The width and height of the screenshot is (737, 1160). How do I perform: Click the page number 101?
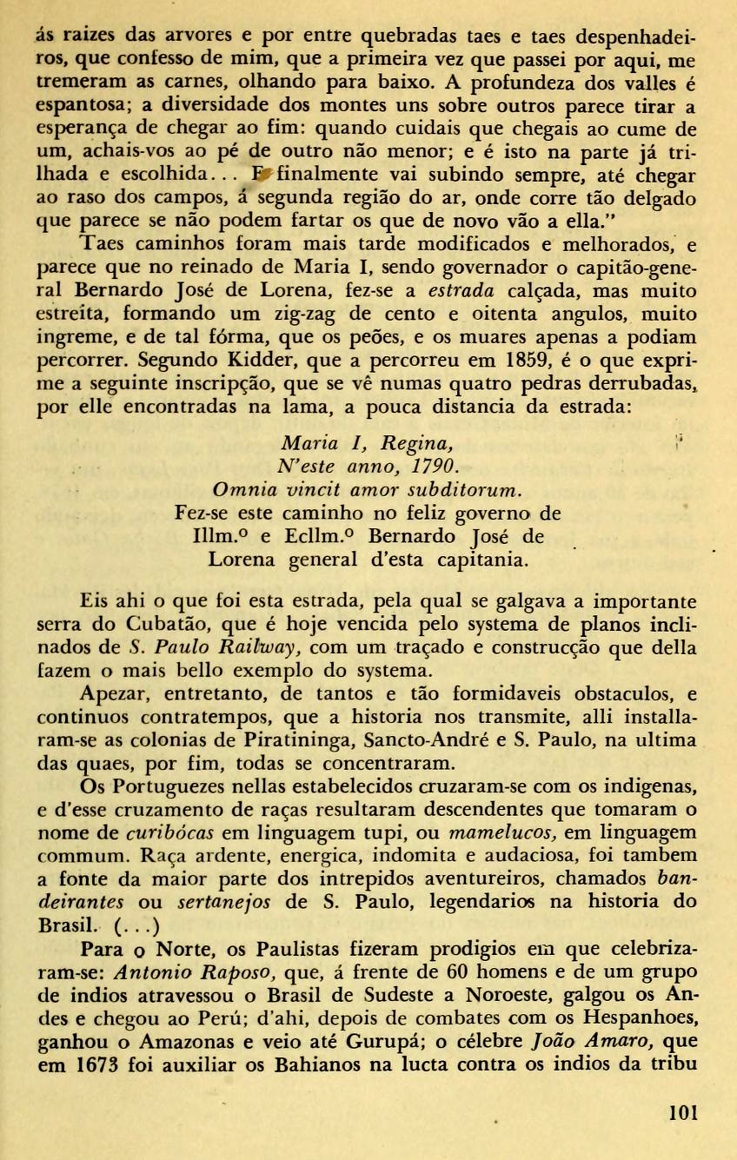[684, 1113]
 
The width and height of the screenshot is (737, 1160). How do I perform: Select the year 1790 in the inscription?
[435, 467]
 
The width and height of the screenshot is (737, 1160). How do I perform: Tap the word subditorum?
[468, 491]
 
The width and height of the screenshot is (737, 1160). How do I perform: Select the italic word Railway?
[261, 648]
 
